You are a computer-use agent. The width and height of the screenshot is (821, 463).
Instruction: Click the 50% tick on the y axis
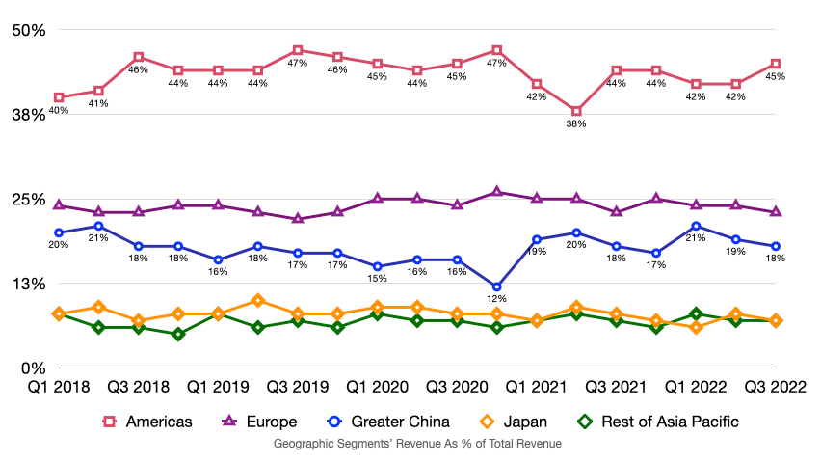[x=29, y=30]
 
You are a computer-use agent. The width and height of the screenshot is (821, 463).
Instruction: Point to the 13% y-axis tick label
[x=29, y=284]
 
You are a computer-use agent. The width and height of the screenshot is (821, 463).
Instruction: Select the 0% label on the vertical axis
[x=33, y=368]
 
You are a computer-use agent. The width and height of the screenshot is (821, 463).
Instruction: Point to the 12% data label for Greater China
[x=496, y=299]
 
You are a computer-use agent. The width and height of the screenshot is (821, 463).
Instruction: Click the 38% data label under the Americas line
[x=576, y=123]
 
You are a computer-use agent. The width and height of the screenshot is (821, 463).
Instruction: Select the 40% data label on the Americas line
[x=59, y=110]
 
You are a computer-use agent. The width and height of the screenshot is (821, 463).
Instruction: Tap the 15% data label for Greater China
[x=377, y=279]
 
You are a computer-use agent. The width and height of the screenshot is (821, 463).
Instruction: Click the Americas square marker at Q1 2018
[x=59, y=97]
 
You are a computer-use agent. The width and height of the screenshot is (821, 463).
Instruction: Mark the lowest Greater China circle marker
[x=496, y=286]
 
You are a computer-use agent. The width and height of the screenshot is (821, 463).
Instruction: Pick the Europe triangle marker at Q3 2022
[x=776, y=211]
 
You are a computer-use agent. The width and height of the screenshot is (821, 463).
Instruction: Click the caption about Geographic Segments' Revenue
[x=417, y=444]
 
